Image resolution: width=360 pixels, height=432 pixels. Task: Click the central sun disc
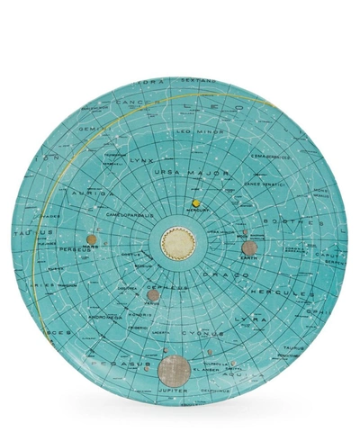[x=177, y=241]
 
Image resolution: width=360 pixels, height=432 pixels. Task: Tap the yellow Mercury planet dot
[x=194, y=204]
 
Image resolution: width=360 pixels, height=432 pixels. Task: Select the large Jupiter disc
[x=173, y=370]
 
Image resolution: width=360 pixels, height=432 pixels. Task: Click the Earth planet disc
[x=249, y=247]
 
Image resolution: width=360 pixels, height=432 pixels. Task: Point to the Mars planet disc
[x=91, y=238]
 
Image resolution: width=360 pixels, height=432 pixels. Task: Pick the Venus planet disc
[x=153, y=295]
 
